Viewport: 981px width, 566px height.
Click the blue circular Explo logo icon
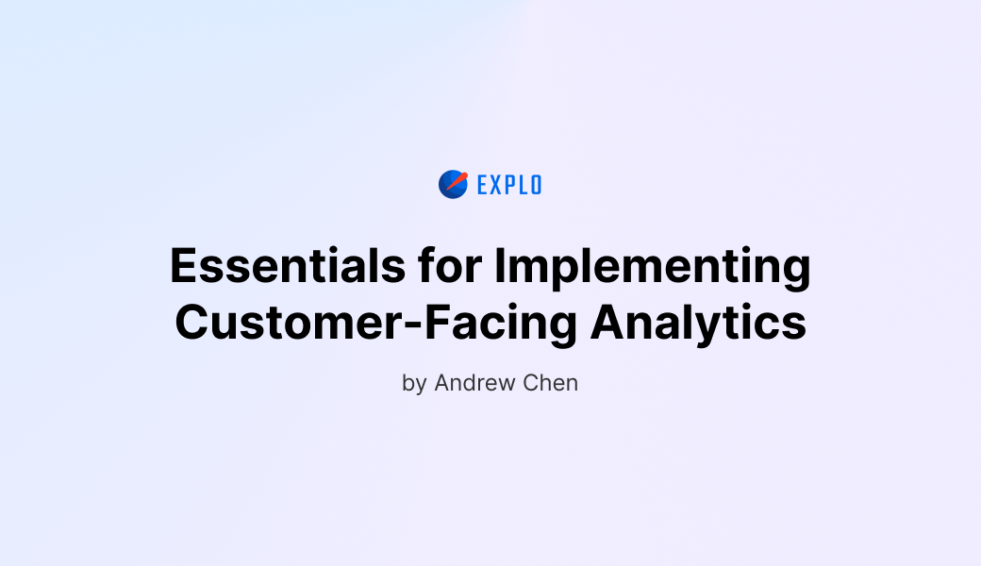(x=453, y=185)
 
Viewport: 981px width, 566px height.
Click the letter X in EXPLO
(x=498, y=185)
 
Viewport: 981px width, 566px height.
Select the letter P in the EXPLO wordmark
(x=510, y=185)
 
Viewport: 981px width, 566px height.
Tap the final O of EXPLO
(x=536, y=185)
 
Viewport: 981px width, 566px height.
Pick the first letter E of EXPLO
(x=483, y=185)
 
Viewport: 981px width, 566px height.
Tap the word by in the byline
(x=414, y=385)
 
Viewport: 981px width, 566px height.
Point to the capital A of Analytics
(x=607, y=323)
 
